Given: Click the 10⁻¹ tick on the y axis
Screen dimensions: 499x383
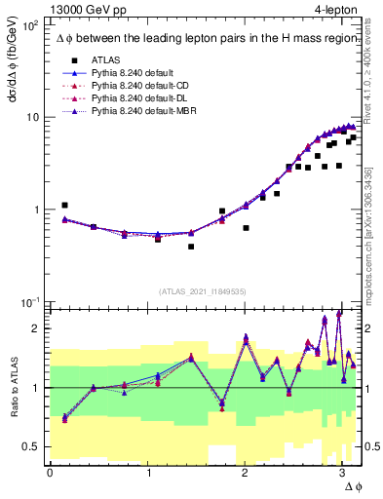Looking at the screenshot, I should coord(30,302).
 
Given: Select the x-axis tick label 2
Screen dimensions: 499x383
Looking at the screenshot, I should coord(245,472).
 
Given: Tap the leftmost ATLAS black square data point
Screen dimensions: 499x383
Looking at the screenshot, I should coord(64,206).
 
